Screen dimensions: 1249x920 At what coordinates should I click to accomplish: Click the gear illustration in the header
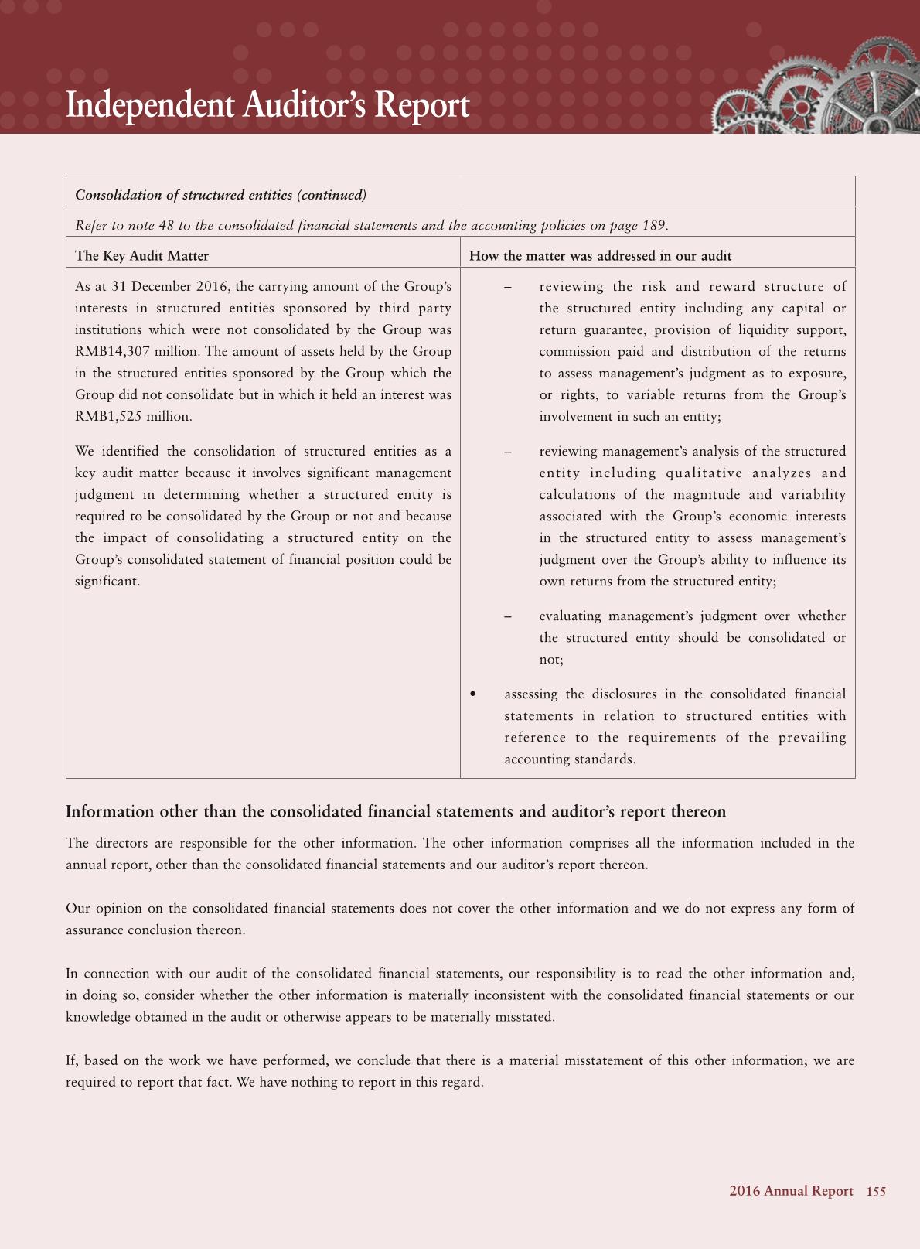click(819, 89)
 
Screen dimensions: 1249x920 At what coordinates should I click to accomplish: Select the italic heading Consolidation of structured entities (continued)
click(220, 195)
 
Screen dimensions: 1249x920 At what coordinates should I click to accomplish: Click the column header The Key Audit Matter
click(141, 256)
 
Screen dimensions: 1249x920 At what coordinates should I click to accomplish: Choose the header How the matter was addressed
click(600, 256)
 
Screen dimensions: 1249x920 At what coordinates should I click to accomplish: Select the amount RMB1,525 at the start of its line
click(109, 416)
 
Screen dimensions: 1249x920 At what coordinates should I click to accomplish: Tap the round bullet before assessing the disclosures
click(473, 694)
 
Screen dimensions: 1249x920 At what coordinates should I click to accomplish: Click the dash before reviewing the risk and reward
click(508, 287)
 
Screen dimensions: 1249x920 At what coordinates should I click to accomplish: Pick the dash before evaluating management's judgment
click(508, 616)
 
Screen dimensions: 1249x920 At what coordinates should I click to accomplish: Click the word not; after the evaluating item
click(551, 660)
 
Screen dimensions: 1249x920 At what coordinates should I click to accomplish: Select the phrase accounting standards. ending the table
click(570, 759)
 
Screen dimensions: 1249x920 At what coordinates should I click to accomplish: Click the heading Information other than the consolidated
click(396, 811)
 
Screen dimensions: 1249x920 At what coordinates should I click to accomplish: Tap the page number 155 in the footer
click(876, 1191)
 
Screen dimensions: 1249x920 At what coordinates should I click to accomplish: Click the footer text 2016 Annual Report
click(791, 1191)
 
